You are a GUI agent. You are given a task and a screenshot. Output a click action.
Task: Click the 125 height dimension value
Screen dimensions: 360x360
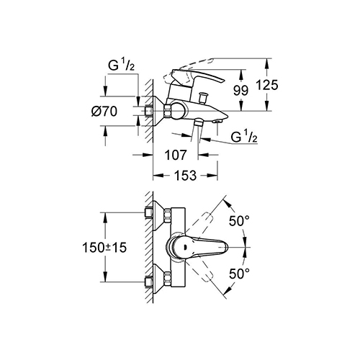click(x=267, y=85)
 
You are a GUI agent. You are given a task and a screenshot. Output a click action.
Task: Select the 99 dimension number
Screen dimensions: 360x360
click(x=240, y=91)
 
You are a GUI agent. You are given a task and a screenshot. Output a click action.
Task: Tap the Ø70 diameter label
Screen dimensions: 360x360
click(x=104, y=112)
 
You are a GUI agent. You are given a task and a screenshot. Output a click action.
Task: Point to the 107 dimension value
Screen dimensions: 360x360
click(x=176, y=155)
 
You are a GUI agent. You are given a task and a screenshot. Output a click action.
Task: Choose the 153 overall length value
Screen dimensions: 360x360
click(x=185, y=176)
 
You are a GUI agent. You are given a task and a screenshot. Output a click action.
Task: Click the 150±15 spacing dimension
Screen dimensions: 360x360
click(x=104, y=248)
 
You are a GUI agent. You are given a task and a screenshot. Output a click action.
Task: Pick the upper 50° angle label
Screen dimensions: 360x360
click(x=239, y=221)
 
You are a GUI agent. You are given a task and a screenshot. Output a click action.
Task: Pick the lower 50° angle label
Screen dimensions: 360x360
click(x=239, y=274)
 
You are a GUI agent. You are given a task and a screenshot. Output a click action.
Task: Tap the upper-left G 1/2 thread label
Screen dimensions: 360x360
click(x=121, y=65)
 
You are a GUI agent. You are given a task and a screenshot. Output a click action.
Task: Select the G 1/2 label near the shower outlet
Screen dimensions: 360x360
click(x=244, y=137)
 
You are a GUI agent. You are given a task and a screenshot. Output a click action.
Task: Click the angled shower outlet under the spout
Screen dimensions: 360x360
click(x=198, y=123)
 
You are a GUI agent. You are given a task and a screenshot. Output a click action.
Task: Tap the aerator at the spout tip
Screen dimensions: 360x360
click(x=217, y=122)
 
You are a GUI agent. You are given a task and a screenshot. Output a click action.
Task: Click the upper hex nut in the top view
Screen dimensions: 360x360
click(x=168, y=215)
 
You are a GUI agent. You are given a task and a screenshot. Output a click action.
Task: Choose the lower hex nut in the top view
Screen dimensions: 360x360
click(x=168, y=279)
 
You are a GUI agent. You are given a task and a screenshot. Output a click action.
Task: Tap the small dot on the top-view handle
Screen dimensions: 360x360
click(x=185, y=247)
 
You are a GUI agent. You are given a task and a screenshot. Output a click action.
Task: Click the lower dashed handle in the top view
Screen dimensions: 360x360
click(x=200, y=271)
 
